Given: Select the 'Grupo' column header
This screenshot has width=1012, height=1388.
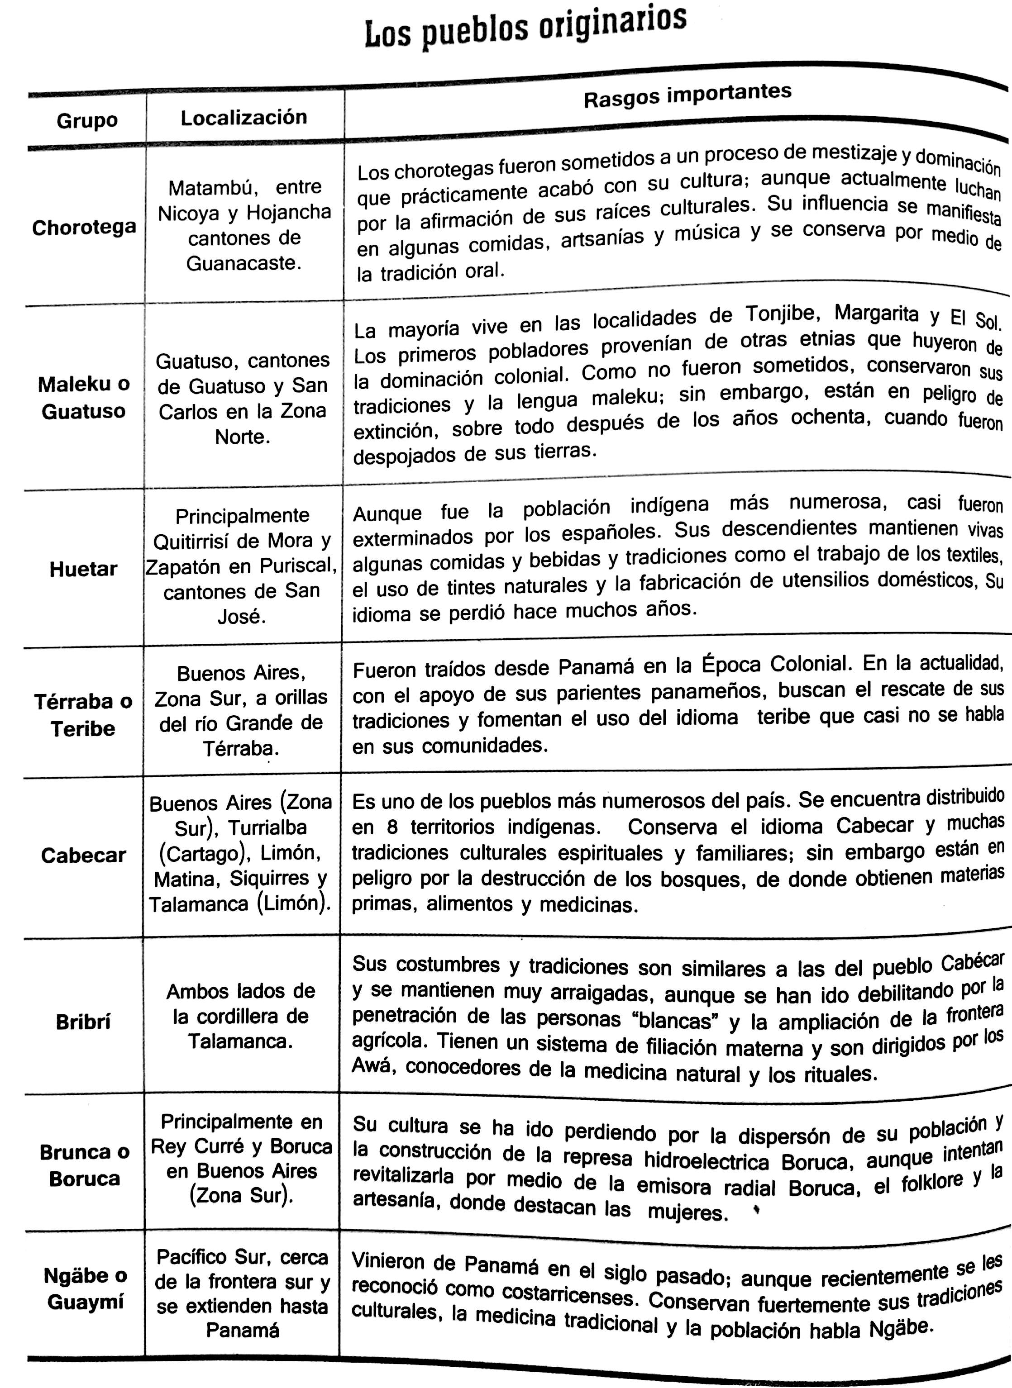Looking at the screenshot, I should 86,120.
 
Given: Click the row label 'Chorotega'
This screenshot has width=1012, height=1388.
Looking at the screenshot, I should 84,227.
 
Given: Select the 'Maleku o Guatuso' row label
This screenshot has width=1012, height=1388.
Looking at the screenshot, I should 83,397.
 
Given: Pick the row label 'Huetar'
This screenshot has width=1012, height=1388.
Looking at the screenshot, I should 83,569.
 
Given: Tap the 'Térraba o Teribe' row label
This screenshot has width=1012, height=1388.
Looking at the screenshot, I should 83,714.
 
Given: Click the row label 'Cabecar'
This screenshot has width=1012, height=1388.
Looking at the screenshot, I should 83,856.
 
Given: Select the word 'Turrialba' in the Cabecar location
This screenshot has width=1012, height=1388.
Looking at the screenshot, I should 267,828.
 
